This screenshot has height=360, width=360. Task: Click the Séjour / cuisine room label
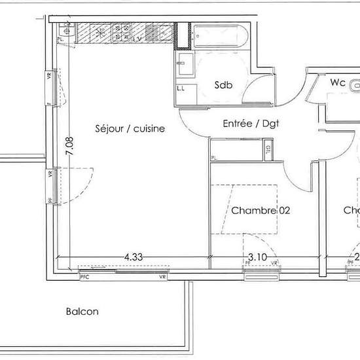point(130,129)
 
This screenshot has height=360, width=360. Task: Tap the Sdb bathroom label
point(225,85)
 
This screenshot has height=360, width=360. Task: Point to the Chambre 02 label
point(261,211)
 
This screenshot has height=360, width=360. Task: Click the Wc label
point(338,83)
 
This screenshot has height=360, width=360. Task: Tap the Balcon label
point(82,312)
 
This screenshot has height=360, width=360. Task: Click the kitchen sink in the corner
point(66,29)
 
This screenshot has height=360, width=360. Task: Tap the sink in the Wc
point(354,84)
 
